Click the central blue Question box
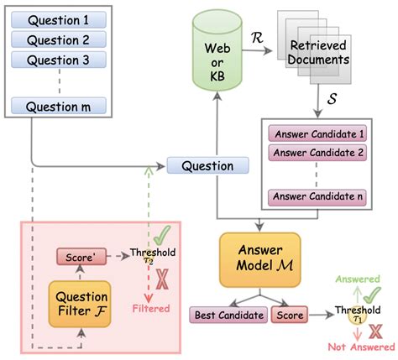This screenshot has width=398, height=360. click(208, 165)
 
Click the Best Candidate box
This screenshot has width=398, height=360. click(227, 316)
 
